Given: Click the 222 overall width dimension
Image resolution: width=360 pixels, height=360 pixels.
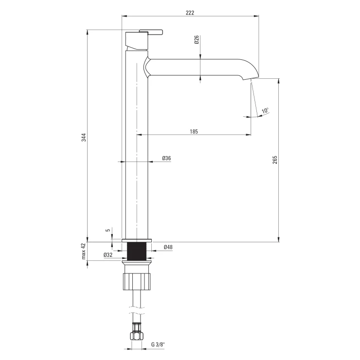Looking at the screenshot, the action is coord(190,13).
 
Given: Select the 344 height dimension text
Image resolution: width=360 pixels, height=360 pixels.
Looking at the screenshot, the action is coord(84,137).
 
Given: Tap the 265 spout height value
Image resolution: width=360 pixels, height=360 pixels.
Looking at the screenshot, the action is coord(275,160).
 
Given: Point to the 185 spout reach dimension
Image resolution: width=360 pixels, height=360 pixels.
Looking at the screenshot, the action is coord(194,131).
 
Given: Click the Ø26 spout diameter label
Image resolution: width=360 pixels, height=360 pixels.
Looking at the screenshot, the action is coord(197,40).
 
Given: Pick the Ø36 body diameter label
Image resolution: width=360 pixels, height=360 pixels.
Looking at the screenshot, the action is coord(166,158).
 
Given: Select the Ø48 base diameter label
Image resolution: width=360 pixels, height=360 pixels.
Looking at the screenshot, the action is coord(168,247).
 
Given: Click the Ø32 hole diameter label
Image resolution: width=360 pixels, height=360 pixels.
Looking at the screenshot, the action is coord(108,255).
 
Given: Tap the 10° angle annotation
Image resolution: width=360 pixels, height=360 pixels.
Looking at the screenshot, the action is coord(265,110).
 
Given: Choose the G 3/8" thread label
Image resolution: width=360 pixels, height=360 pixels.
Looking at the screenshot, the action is coord(158,344).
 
